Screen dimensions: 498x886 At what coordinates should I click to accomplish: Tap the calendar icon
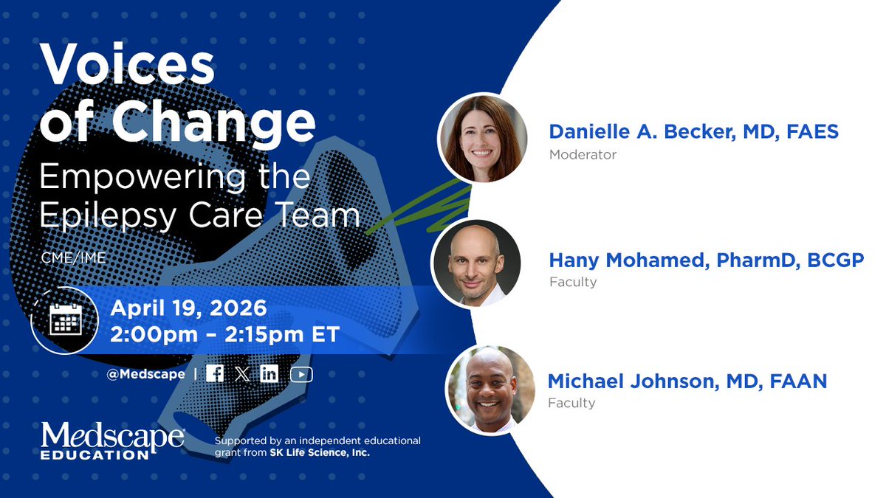[65, 319]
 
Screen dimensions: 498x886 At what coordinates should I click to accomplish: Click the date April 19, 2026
[188, 307]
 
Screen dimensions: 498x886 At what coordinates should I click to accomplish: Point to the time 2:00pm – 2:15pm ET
[224, 334]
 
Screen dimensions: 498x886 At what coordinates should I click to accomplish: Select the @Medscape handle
[145, 374]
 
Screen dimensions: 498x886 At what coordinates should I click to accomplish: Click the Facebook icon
[215, 374]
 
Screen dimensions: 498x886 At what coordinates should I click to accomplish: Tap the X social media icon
[242, 374]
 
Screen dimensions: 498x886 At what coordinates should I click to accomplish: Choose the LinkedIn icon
[269, 374]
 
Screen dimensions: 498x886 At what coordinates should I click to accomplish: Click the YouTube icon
[301, 374]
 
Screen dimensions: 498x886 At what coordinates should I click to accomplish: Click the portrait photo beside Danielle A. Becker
[483, 138]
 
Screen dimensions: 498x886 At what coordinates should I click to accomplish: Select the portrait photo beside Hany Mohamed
[476, 263]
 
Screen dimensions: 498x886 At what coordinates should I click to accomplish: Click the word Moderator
[583, 155]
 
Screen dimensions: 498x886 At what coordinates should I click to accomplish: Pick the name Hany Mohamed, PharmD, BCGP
[706, 260]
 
